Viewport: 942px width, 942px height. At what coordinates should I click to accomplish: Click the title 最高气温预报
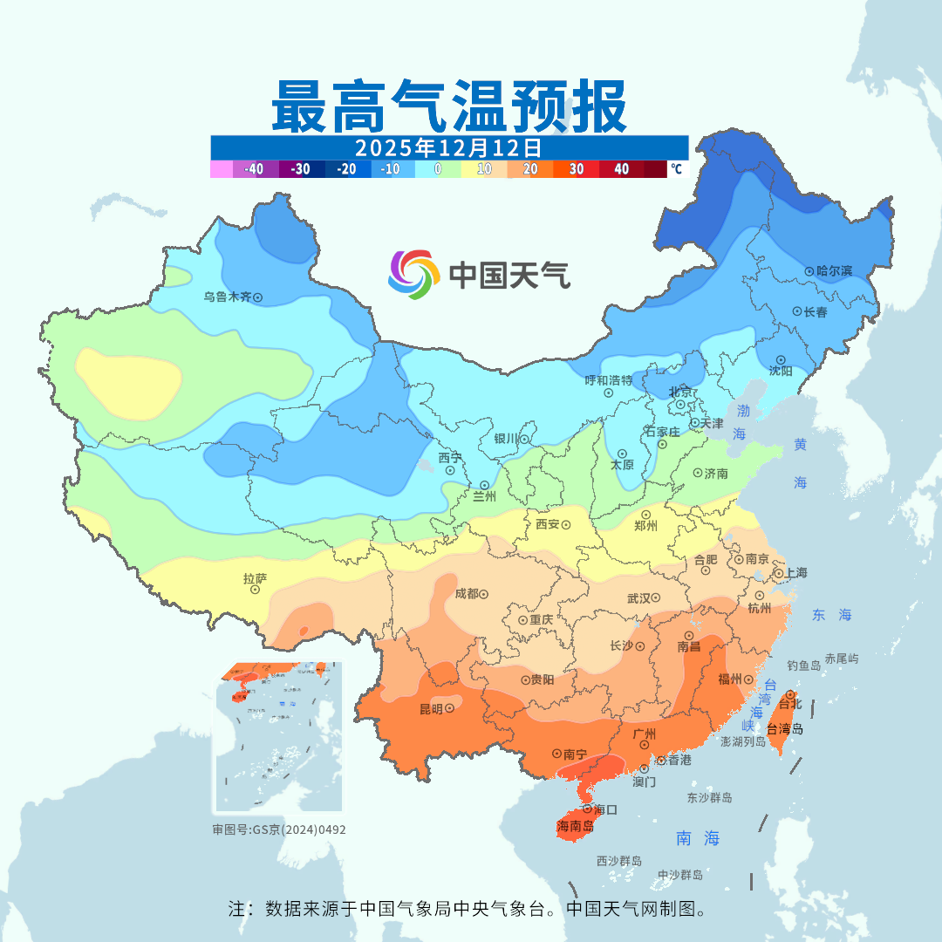click(448, 106)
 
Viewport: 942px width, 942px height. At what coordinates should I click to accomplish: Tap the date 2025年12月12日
click(448, 147)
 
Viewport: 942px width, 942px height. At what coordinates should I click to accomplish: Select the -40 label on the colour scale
click(254, 169)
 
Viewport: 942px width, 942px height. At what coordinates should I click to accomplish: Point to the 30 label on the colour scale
click(577, 169)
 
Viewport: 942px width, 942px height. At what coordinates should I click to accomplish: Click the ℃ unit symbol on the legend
click(676, 169)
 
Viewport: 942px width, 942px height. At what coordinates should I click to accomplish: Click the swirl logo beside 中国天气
click(413, 274)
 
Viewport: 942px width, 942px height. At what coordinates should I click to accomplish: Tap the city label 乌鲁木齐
click(227, 297)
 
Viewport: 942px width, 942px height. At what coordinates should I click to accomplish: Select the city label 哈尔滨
click(835, 271)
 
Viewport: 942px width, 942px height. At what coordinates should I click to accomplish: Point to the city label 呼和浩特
click(608, 380)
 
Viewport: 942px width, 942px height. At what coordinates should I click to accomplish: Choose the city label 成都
click(467, 594)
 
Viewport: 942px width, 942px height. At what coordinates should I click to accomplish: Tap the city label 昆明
click(431, 709)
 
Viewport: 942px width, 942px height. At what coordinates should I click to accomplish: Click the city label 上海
click(795, 573)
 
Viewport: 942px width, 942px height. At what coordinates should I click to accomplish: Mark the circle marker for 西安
click(565, 525)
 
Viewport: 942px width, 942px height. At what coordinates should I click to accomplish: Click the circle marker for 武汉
click(657, 598)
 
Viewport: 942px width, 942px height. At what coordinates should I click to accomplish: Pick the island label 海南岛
click(575, 825)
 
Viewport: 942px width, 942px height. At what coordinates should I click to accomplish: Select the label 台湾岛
click(785, 729)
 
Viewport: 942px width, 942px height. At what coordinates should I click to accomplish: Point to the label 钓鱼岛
click(803, 666)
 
